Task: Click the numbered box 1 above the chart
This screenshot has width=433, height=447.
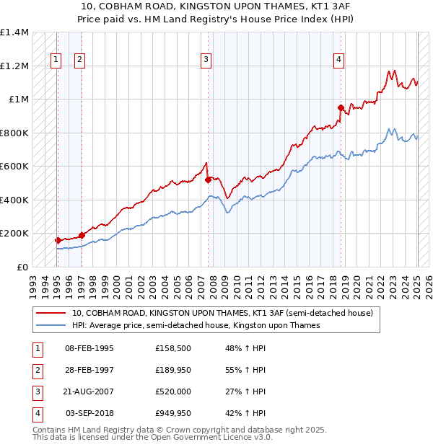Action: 56,60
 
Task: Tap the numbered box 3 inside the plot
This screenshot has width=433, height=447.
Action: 206,60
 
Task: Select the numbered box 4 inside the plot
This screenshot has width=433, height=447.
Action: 338,60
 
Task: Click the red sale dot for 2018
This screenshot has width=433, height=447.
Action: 341,107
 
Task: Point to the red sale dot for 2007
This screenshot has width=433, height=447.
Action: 209,180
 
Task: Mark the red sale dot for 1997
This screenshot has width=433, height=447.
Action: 82,235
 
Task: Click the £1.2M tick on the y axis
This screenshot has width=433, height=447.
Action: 14,66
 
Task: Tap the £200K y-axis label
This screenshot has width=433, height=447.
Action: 14,234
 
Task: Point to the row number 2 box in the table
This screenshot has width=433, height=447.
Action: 36,371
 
